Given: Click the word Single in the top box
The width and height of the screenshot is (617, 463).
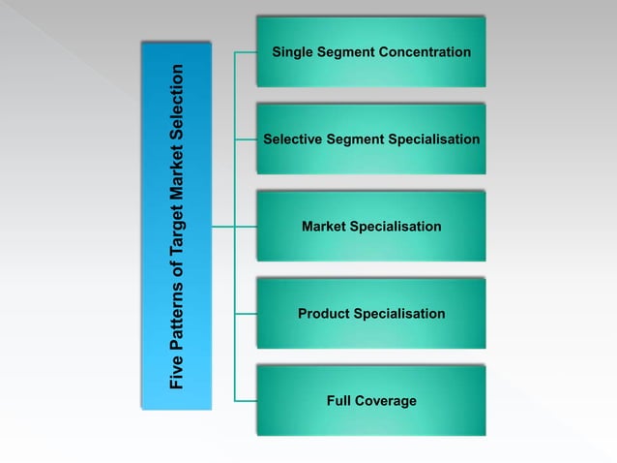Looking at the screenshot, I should tap(293, 52).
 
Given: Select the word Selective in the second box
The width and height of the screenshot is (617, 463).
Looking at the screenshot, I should tap(291, 139).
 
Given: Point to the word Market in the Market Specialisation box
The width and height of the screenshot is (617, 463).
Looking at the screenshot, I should tap(323, 227).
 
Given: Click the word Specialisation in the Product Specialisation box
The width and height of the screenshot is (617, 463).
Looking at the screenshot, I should tap(399, 314).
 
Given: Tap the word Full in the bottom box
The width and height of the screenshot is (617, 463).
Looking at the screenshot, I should tap(340, 401).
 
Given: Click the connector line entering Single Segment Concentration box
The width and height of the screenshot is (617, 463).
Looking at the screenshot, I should tap(246, 52).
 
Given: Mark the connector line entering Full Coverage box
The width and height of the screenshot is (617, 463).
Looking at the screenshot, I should tap(246, 401).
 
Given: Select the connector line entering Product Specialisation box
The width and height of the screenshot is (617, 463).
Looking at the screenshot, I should tap(246, 314).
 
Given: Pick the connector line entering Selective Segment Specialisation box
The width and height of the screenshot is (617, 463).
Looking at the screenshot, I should tap(246, 139).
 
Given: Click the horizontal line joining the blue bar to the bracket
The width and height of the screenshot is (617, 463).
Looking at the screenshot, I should tap(222, 227).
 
